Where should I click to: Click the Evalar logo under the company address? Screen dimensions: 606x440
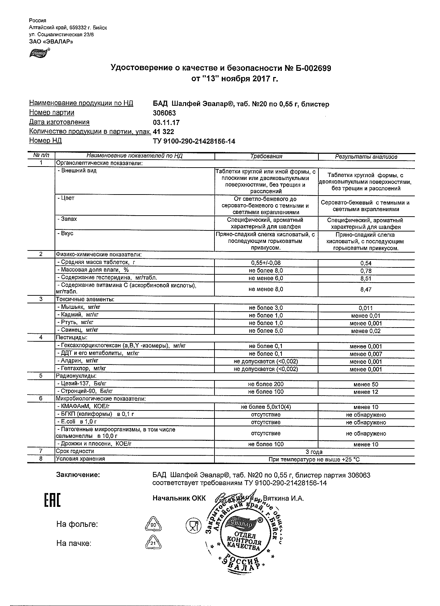[x=39, y=53]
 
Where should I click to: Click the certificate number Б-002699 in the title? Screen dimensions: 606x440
[x=312, y=68]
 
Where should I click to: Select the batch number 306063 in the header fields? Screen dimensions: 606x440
[x=164, y=113]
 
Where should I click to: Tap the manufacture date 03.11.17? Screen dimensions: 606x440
[x=166, y=122]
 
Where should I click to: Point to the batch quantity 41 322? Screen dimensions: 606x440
[x=163, y=132]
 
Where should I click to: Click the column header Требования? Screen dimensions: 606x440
[x=266, y=157]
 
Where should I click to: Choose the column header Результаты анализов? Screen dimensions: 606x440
[x=366, y=157]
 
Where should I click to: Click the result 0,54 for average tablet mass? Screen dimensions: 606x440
[x=366, y=263]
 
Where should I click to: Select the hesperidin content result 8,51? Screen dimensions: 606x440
[x=366, y=278]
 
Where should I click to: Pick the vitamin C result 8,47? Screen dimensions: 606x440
[x=366, y=290]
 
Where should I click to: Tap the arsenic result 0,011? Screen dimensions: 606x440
[x=366, y=308]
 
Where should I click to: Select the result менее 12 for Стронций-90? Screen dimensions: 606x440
[x=366, y=392]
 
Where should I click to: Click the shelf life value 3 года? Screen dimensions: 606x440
[x=314, y=452]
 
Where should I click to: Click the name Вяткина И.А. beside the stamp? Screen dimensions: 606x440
[x=283, y=499]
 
